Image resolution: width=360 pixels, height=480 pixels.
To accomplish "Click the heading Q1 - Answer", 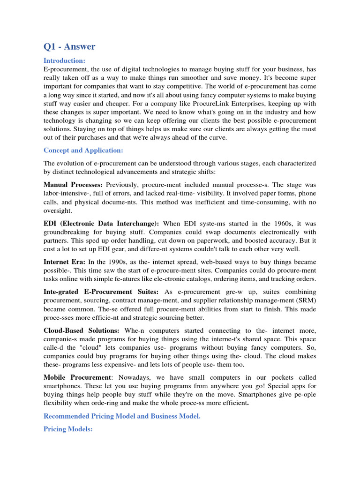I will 69,46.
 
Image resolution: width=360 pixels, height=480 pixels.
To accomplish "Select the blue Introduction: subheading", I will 64,60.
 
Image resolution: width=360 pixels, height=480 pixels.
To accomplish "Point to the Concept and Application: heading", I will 83,150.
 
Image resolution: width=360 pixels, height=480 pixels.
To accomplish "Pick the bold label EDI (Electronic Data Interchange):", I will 101,224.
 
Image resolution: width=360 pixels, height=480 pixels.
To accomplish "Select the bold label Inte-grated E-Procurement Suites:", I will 101,292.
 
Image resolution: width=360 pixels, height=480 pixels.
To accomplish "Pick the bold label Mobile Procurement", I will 78,377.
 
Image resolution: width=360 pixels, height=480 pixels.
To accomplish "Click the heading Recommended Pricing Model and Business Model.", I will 122,416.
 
